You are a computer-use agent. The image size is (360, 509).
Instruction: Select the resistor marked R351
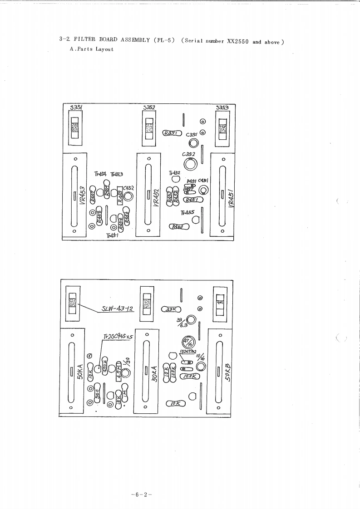(x=173, y=133)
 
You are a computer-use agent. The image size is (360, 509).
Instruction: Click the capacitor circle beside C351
(x=194, y=143)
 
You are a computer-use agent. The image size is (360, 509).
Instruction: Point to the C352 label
(x=188, y=154)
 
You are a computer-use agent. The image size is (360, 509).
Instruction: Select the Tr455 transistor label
(x=187, y=212)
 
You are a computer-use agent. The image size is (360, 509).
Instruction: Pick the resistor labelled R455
(x=120, y=196)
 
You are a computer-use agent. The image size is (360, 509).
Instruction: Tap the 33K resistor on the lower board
(x=171, y=310)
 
